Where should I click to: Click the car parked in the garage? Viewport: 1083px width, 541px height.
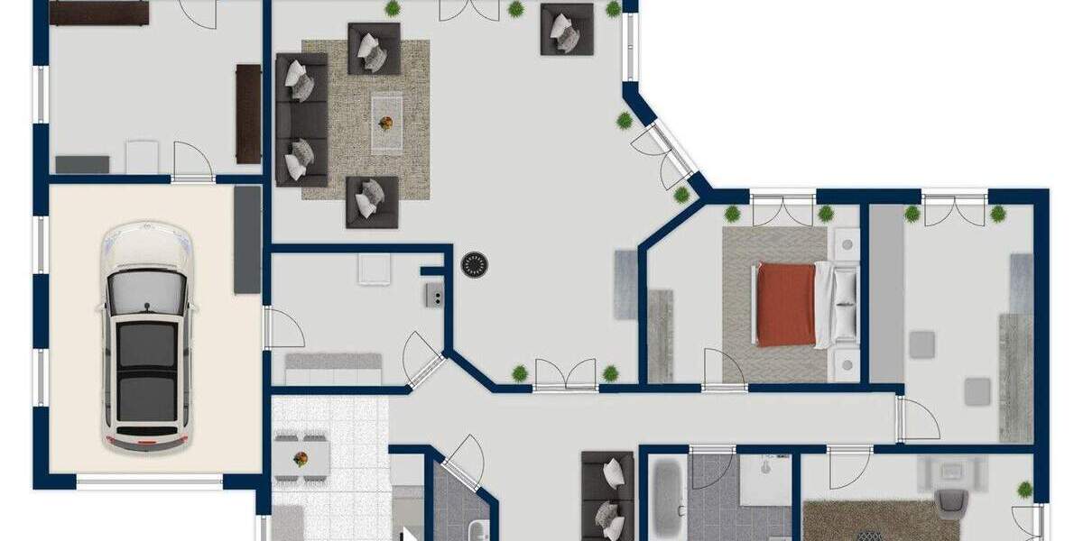(x=146, y=338)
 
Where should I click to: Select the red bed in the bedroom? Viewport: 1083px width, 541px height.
(x=786, y=304)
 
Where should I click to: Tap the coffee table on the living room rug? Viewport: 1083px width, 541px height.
(x=386, y=124)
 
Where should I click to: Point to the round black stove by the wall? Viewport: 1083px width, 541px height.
(x=475, y=265)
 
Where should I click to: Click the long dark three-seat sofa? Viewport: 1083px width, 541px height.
(x=301, y=119)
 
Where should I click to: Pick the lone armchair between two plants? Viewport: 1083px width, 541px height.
(x=567, y=29)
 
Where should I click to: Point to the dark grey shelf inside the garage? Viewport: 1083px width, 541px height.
(x=247, y=240)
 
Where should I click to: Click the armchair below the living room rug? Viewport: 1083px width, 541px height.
(x=372, y=201)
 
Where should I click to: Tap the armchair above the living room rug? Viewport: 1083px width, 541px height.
(x=374, y=48)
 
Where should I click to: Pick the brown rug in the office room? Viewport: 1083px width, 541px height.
(x=866, y=520)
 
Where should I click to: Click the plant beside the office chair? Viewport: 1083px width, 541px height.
(x=1024, y=490)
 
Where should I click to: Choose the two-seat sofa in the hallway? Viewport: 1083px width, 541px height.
(x=607, y=496)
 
